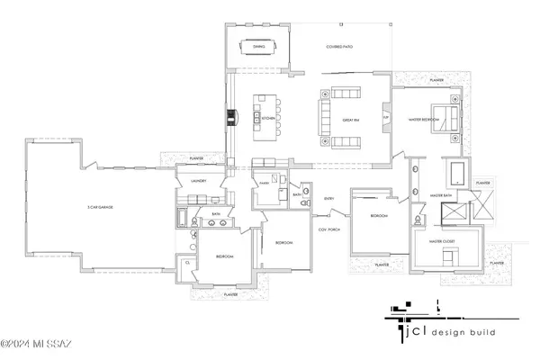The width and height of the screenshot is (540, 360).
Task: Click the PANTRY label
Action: pyautogui.click(x=265, y=183)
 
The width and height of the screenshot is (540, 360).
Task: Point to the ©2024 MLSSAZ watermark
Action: pyautogui.click(x=40, y=343)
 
